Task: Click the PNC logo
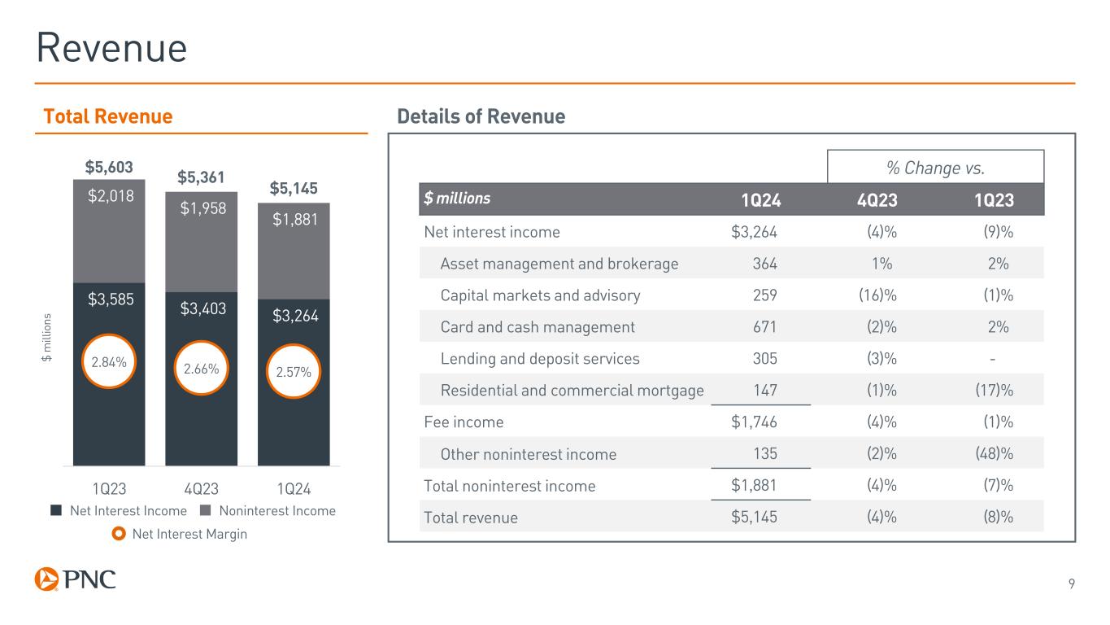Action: click(x=76, y=579)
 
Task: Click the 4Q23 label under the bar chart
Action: click(x=202, y=490)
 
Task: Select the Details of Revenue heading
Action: click(x=481, y=116)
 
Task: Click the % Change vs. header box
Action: click(x=935, y=168)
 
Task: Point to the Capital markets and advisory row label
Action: click(x=540, y=295)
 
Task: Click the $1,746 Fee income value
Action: click(x=754, y=422)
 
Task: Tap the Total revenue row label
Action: click(x=471, y=518)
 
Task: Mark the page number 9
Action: click(x=1072, y=583)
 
